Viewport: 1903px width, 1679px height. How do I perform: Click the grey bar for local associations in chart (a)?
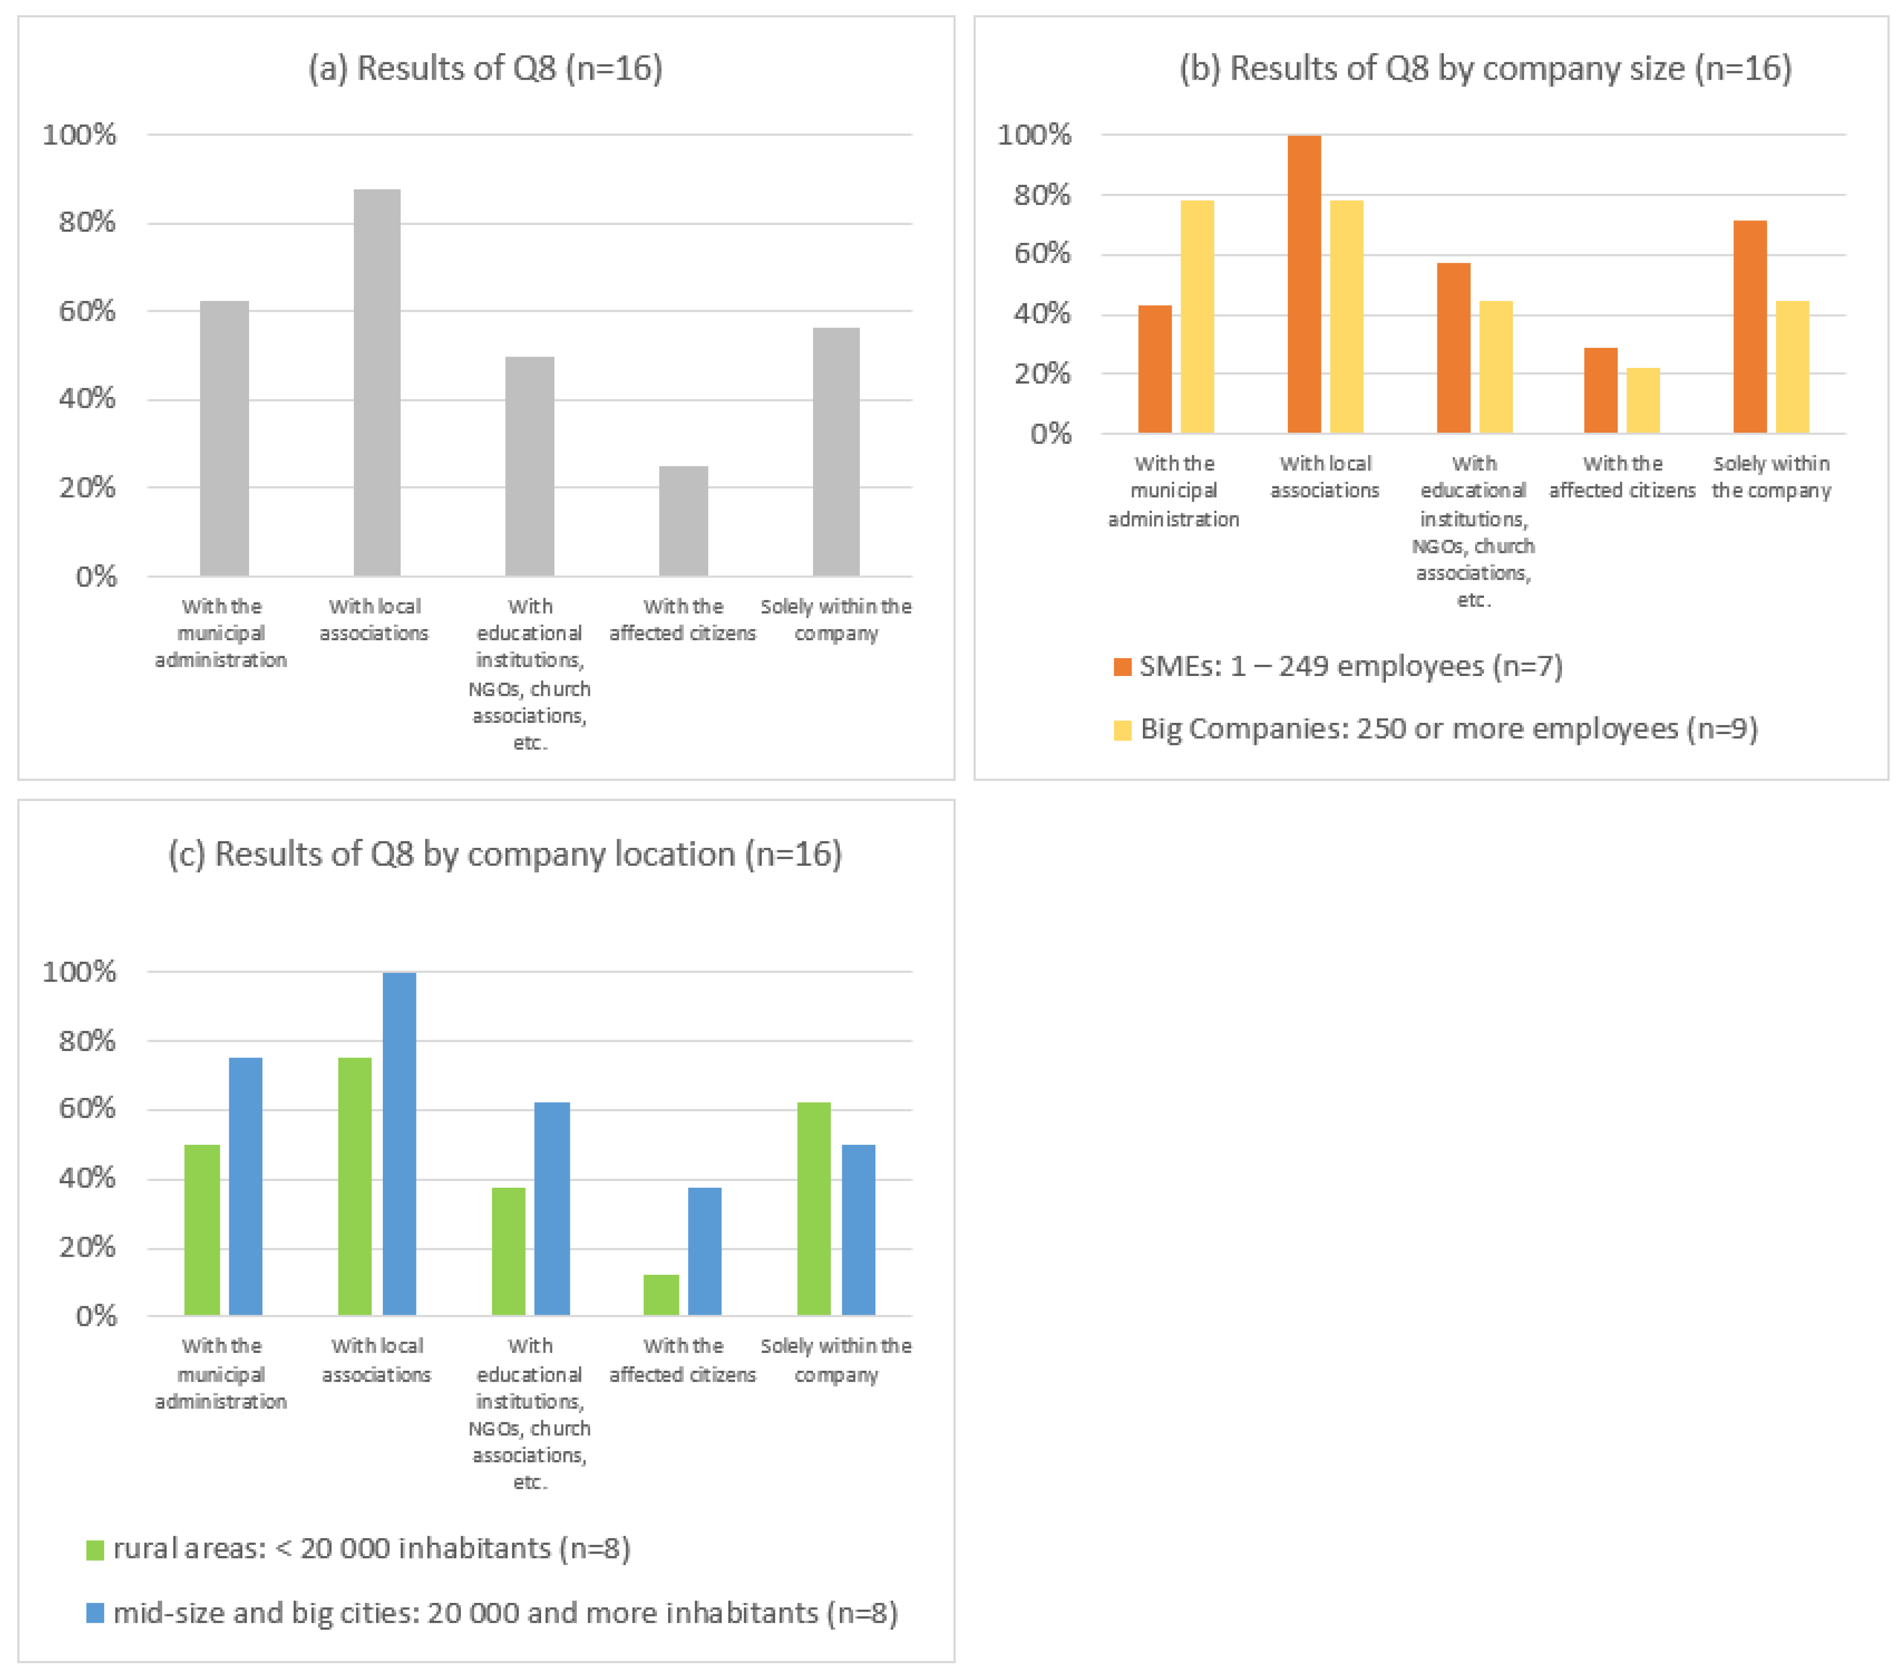pos(377,382)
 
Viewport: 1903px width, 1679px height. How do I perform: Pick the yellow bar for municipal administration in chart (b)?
pos(1198,316)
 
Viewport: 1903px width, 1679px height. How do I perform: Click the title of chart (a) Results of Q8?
pos(485,68)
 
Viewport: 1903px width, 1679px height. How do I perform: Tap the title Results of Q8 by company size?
pos(1485,68)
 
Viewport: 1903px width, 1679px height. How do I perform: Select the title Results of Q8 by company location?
pos(505,854)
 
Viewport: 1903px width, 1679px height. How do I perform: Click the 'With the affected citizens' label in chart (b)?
pos(1622,477)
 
